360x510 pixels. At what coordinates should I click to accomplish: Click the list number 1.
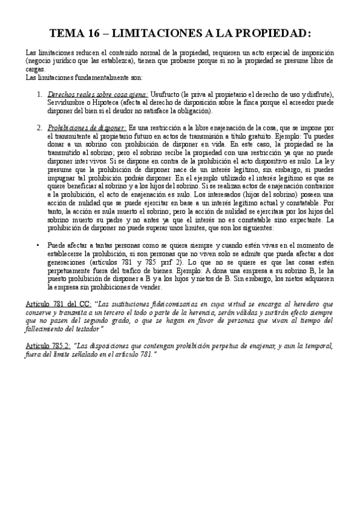coord(39,95)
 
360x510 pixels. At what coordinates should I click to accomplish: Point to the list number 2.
coord(39,127)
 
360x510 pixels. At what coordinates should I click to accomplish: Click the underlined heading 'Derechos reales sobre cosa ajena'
coord(97,95)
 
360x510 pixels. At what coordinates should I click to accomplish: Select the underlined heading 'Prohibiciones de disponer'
coord(86,127)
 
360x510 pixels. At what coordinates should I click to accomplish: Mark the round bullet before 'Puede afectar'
coord(39,245)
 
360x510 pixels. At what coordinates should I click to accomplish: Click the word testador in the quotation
coord(88,330)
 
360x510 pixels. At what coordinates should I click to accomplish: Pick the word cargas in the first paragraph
coord(36,69)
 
